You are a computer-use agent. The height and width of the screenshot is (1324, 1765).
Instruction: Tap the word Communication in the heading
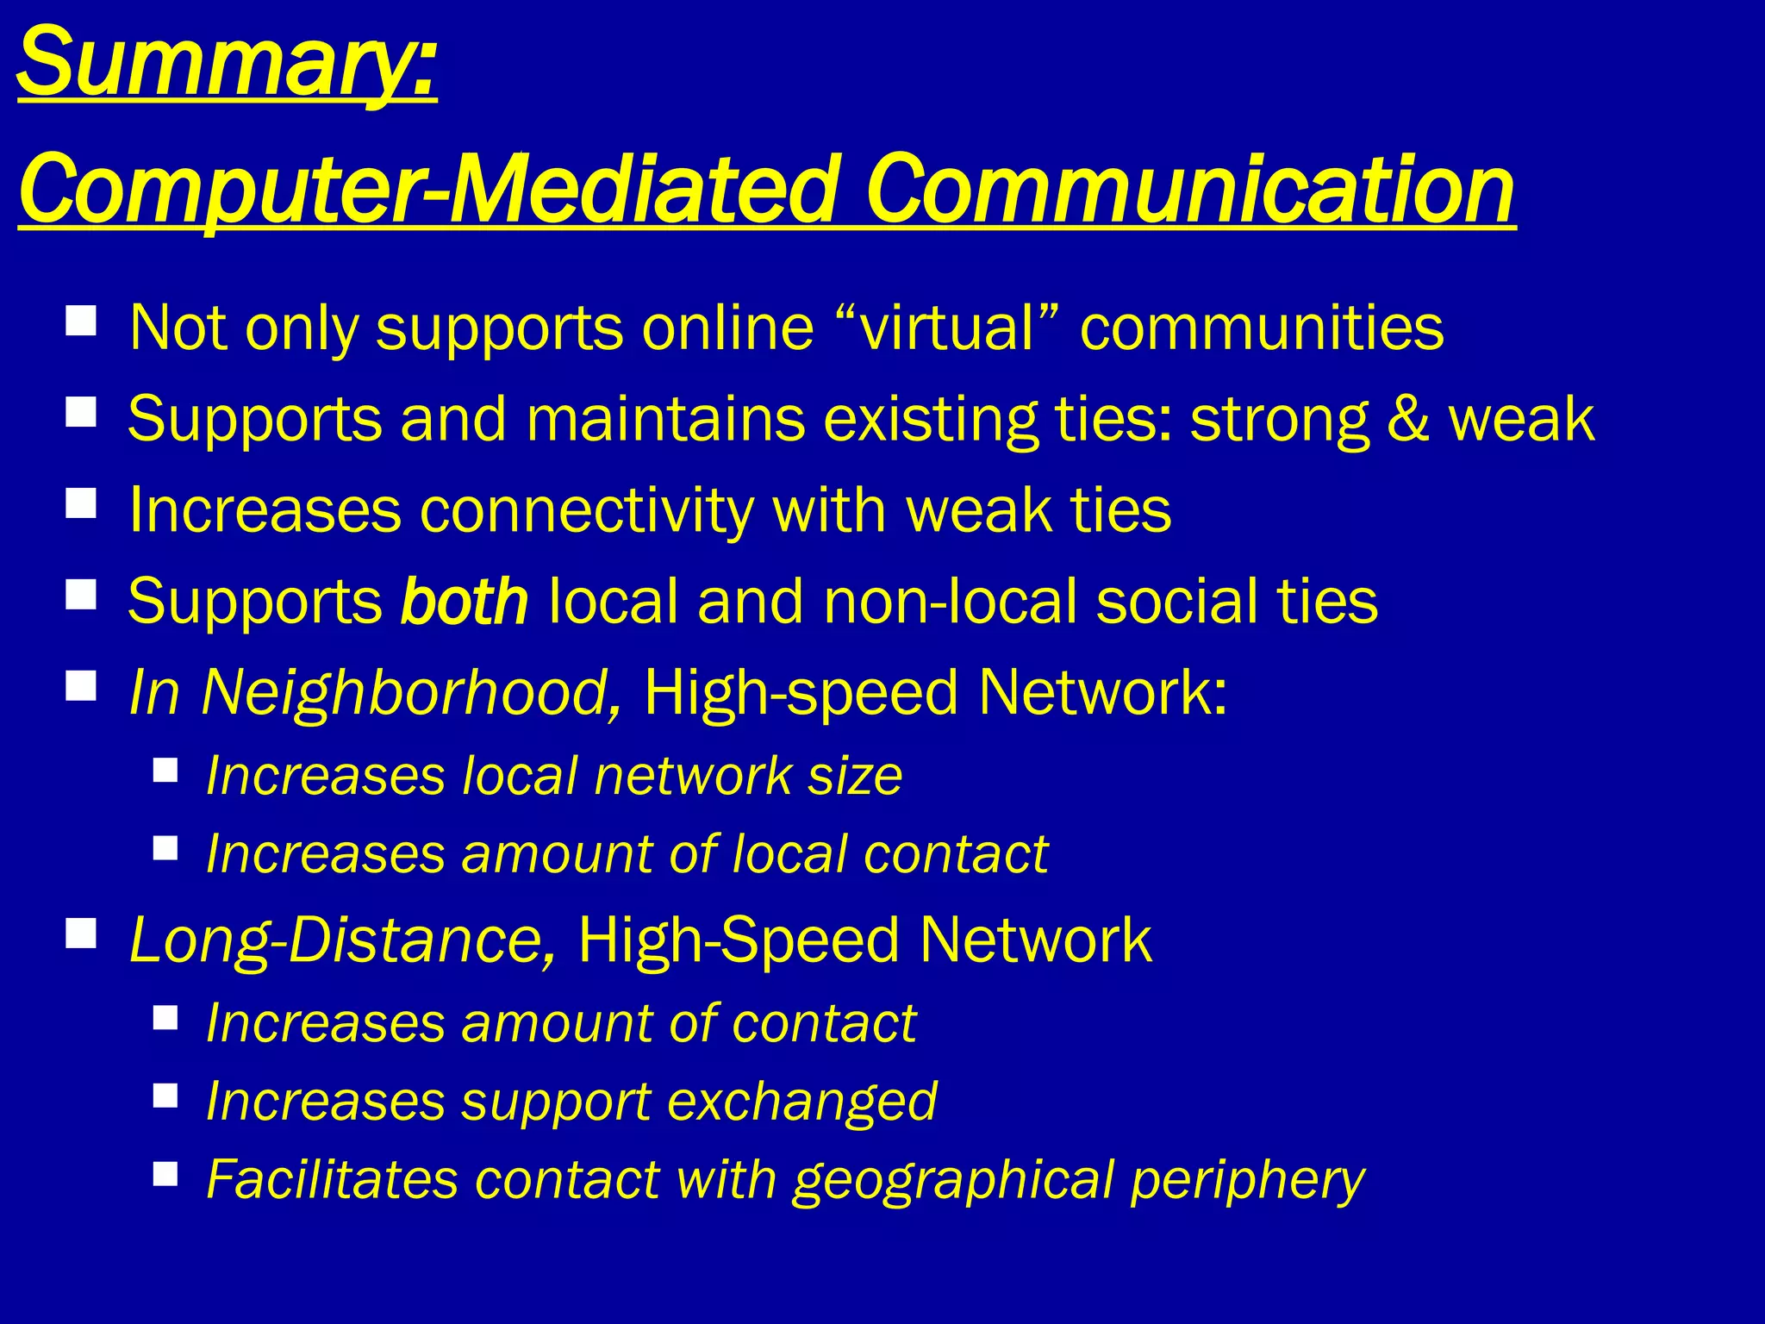[1190, 190]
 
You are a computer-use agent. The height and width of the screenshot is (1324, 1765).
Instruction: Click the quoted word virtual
[947, 328]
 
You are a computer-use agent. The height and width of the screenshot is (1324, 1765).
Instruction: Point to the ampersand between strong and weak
[1406, 420]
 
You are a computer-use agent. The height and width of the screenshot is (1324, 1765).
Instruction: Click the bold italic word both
[465, 602]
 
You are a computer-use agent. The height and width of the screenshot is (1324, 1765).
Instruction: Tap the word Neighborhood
[410, 693]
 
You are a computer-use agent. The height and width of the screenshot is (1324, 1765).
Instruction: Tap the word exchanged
[801, 1102]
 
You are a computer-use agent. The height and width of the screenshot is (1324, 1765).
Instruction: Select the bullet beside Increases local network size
[165, 769]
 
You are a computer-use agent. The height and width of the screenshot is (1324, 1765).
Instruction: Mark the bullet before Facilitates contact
[165, 1173]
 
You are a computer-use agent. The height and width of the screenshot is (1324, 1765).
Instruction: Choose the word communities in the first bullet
[1262, 328]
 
